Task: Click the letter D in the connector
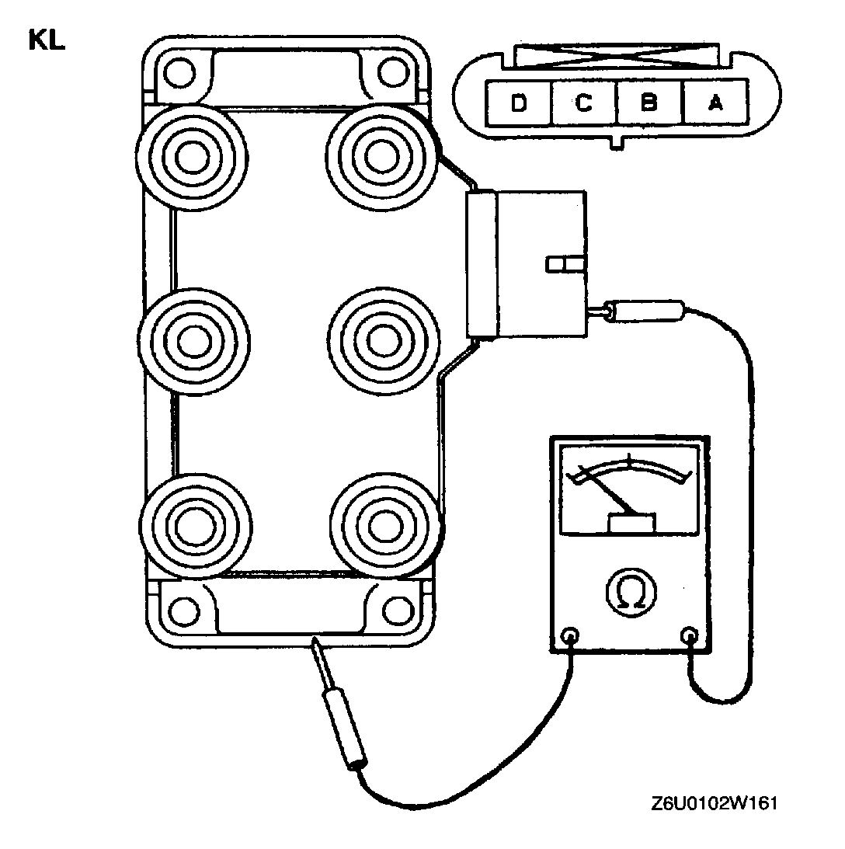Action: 519,103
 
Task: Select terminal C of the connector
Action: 584,103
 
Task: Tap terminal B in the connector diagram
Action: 649,103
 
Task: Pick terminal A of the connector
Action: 715,103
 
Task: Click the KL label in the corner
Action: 47,40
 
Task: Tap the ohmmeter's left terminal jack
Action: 571,635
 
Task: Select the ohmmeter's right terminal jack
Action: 689,635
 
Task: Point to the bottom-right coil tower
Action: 380,526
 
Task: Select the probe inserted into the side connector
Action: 645,311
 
